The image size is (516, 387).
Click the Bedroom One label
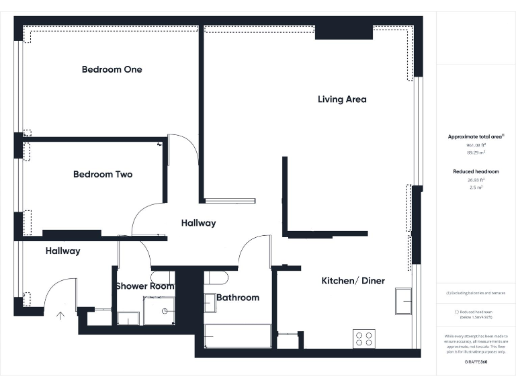112,69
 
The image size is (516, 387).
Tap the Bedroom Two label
103,174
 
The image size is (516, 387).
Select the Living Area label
342,99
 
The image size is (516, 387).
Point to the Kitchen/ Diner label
353,281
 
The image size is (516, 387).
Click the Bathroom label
238,298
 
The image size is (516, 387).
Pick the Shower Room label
144,286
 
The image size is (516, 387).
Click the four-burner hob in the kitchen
364,338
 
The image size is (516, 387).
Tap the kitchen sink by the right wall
403,301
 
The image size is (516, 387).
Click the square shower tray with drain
159,310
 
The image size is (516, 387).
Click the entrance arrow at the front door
61,314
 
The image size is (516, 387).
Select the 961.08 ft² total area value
476,145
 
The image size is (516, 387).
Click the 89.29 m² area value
476,153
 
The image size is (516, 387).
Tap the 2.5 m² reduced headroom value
476,187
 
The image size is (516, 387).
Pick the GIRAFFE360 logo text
476,362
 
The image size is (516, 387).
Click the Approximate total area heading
475,136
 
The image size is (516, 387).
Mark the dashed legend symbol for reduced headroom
457,312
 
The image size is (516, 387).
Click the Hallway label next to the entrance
62,251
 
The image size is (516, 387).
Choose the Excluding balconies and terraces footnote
476,293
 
